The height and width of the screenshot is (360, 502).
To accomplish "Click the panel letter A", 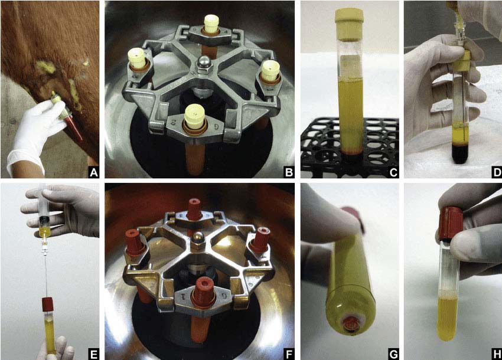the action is pyautogui.click(x=93, y=173).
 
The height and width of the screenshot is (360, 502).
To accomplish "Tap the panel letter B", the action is pyautogui.click(x=289, y=173).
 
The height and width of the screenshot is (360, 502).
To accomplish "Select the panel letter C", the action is pyautogui.click(x=393, y=173).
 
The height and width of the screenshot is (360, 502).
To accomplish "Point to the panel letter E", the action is pyautogui.click(x=93, y=355).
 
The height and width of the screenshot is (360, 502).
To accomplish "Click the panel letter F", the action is pyautogui.click(x=289, y=355).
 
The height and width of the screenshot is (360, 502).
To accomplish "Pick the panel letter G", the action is pyautogui.click(x=393, y=355).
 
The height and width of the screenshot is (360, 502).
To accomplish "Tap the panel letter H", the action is pyautogui.click(x=497, y=355).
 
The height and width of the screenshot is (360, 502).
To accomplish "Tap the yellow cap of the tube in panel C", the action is pyautogui.click(x=349, y=24).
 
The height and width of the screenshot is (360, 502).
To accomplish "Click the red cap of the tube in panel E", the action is pyautogui.click(x=47, y=305).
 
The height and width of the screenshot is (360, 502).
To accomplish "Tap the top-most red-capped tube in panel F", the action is pyautogui.click(x=194, y=209).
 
